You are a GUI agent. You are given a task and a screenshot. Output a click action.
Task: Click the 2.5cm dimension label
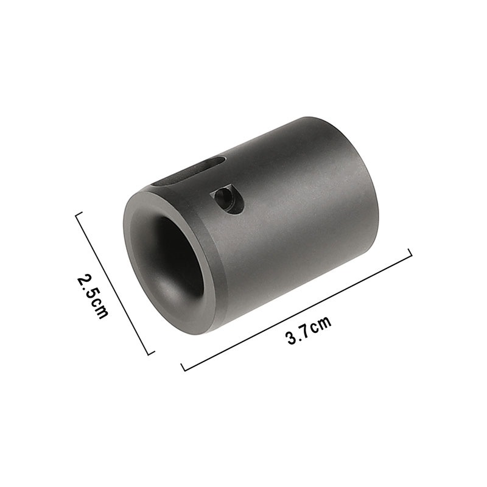93,296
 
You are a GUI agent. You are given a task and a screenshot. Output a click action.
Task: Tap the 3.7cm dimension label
309,330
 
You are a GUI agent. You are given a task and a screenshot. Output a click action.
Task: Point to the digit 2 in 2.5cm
83,281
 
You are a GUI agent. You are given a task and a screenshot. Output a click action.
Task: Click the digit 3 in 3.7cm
292,338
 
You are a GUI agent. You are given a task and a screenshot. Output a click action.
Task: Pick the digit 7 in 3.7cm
306,331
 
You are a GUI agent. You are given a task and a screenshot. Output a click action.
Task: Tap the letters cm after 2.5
99,309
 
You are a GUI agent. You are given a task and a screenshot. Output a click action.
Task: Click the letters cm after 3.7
321,324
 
